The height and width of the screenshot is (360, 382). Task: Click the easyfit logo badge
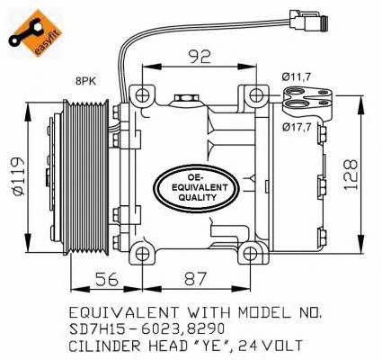click(x=35, y=32)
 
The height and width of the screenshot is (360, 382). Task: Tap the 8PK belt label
click(x=86, y=81)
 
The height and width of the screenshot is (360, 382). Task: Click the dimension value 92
click(x=200, y=57)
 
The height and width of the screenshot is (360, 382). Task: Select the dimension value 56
click(x=107, y=279)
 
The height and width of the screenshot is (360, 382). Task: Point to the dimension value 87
click(x=195, y=279)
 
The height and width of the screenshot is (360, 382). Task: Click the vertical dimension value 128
click(x=351, y=175)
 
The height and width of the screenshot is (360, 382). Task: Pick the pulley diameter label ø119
click(x=18, y=176)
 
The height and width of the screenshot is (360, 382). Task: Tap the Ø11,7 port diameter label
click(x=296, y=77)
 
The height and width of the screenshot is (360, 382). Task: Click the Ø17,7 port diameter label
click(x=297, y=127)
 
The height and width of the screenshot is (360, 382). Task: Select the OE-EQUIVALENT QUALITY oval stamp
click(x=197, y=188)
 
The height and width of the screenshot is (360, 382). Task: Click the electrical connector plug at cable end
click(x=308, y=20)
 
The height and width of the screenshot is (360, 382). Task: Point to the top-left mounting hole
click(x=142, y=95)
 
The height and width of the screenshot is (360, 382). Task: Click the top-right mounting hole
click(x=256, y=95)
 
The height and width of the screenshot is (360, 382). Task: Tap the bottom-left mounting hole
click(x=142, y=255)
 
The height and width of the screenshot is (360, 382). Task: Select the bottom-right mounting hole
click(x=249, y=255)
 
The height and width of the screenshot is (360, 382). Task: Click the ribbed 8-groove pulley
click(x=86, y=178)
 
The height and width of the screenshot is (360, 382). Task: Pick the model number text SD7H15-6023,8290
click(x=147, y=329)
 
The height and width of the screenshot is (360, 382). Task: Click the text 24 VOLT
click(x=271, y=346)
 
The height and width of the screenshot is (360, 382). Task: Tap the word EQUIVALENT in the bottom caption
click(x=124, y=312)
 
